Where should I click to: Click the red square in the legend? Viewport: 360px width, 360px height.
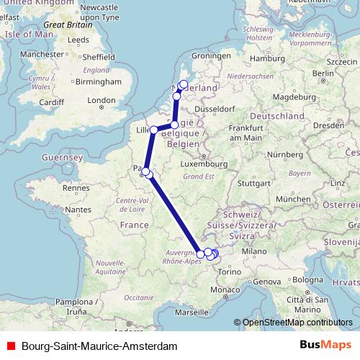pyautogui.click(x=10, y=346)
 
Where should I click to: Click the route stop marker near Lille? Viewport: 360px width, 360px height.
pyautogui.click(x=154, y=130)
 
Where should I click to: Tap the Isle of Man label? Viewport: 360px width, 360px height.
pyautogui.click(x=24, y=34)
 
